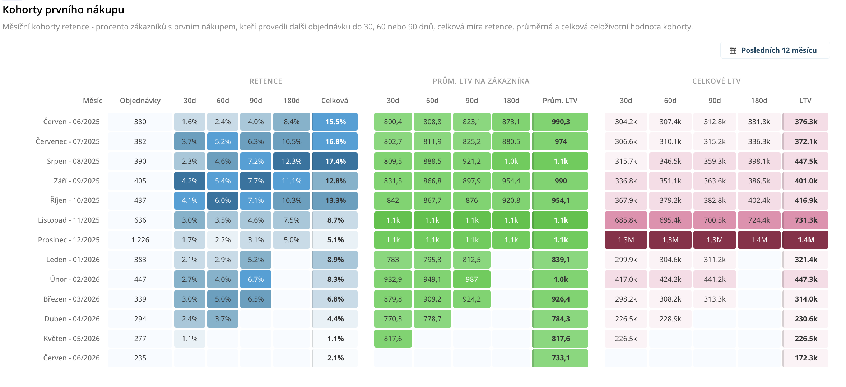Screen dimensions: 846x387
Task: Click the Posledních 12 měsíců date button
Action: coord(775,50)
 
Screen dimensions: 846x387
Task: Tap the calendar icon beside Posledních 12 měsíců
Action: coord(733,50)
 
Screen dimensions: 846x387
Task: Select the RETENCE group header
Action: coord(266,81)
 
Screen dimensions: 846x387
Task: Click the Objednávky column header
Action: coord(140,101)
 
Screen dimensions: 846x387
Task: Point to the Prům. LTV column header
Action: coord(560,101)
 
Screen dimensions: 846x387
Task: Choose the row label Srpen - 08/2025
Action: coord(73,161)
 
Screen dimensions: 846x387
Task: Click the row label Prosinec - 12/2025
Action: coord(69,240)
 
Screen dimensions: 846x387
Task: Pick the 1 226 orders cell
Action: coord(140,240)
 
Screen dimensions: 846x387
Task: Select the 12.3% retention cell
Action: coord(292,161)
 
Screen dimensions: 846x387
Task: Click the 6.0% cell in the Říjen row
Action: coord(223,200)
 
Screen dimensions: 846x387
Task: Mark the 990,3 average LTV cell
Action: coord(560,122)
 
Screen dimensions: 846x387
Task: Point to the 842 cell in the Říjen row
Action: coord(393,200)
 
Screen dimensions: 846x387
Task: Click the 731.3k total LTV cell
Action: coord(805,220)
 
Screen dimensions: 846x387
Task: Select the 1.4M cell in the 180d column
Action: coord(759,240)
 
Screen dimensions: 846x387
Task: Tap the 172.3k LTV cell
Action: coord(805,358)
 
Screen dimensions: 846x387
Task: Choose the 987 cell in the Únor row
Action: coord(472,279)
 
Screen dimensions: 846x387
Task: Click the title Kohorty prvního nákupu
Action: coord(64,10)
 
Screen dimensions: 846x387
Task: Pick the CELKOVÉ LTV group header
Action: coord(716,81)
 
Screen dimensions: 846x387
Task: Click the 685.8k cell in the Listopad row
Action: coord(626,220)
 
